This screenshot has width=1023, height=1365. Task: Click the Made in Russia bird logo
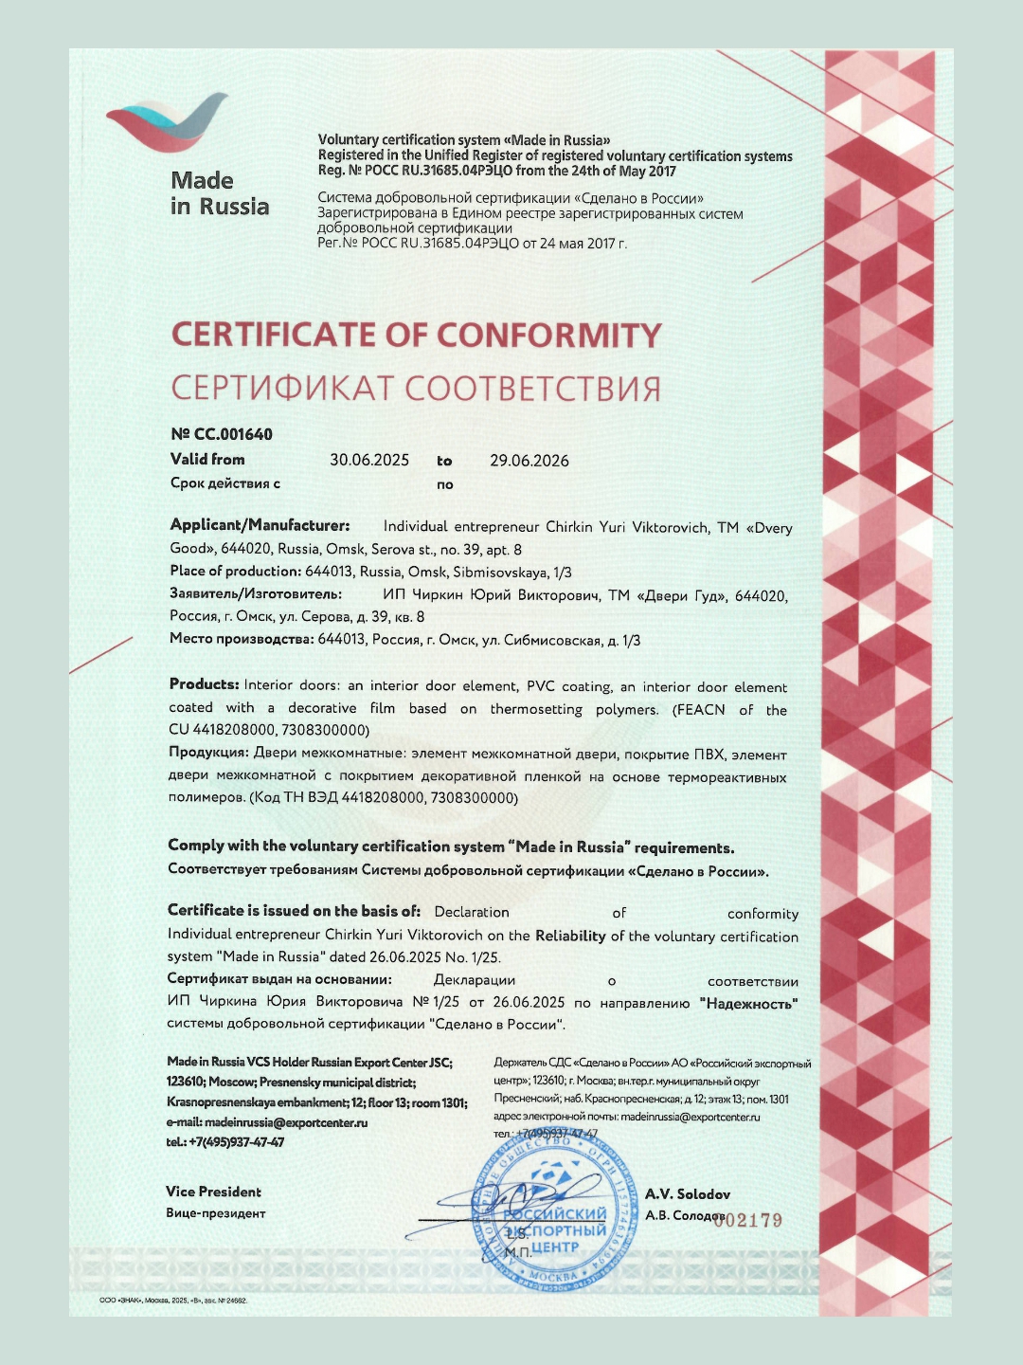pyautogui.click(x=169, y=123)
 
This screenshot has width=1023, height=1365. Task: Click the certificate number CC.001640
pyautogui.click(x=222, y=434)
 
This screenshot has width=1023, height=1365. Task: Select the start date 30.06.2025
pyautogui.click(x=369, y=460)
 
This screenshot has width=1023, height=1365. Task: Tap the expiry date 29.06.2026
pyautogui.click(x=529, y=461)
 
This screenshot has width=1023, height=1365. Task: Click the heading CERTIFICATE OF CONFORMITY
pyautogui.click(x=416, y=336)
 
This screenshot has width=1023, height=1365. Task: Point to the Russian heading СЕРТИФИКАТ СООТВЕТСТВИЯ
pyautogui.click(x=416, y=389)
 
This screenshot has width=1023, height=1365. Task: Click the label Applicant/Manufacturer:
pyautogui.click(x=260, y=525)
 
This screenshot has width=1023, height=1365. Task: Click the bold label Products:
pyautogui.click(x=204, y=684)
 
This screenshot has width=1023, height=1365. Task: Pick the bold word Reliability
pyautogui.click(x=570, y=936)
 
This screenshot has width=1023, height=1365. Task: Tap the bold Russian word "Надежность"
pyautogui.click(x=748, y=1003)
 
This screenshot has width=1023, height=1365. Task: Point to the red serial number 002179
pyautogui.click(x=748, y=1220)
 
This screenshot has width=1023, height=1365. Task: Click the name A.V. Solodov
pyautogui.click(x=688, y=1194)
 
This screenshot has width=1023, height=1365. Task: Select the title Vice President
pyautogui.click(x=213, y=1192)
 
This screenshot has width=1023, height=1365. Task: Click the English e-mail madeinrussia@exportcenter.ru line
pyautogui.click(x=267, y=1122)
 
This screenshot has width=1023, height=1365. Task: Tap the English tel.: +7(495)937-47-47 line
pyautogui.click(x=225, y=1142)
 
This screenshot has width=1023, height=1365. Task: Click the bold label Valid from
pyautogui.click(x=207, y=459)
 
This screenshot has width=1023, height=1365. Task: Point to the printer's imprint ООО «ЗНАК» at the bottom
pyautogui.click(x=173, y=1301)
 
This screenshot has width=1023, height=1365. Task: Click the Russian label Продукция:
pyautogui.click(x=208, y=752)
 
